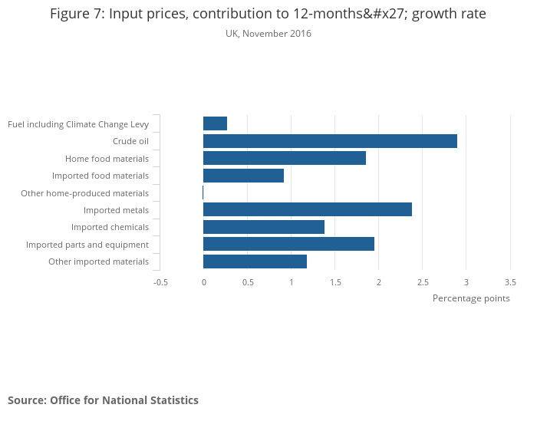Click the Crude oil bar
[x=330, y=141]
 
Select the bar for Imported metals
[x=308, y=209]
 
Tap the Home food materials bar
[x=285, y=158]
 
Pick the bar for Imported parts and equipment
[x=288, y=244]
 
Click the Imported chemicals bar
[x=264, y=227]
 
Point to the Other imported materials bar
[x=255, y=261]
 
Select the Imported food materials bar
[x=243, y=176]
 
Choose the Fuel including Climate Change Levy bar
[x=215, y=123]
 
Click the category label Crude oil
[x=130, y=141]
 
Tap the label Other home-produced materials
[x=84, y=193]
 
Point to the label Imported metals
[x=116, y=210]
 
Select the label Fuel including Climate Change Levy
[x=78, y=124]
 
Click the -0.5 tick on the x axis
[x=160, y=282]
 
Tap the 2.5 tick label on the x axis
[x=423, y=282]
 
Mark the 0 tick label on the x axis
[x=203, y=282]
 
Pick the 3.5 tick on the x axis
[x=510, y=282]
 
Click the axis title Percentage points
[x=471, y=298]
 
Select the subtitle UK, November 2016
[x=268, y=34]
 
